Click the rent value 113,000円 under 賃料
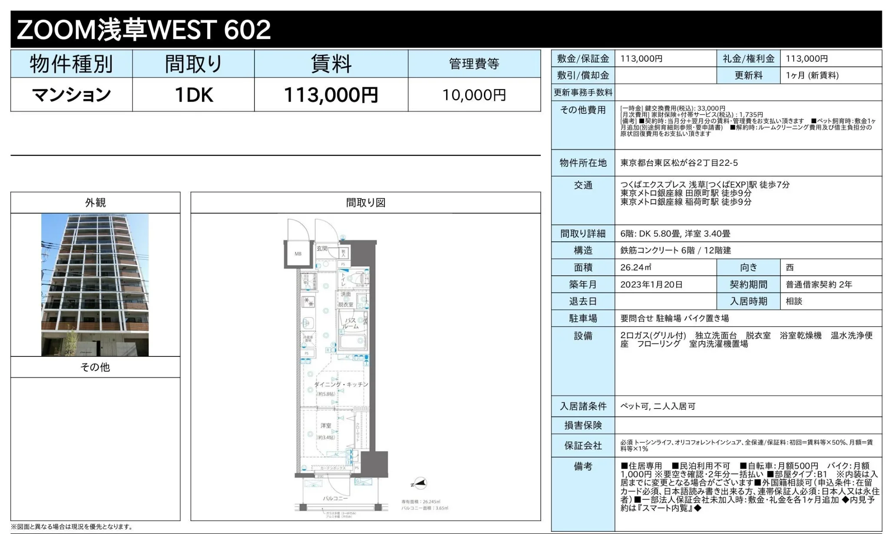pyautogui.click(x=331, y=95)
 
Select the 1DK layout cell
pyautogui.click(x=193, y=95)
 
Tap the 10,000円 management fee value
pyautogui.click(x=474, y=95)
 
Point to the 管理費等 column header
pyautogui.click(x=474, y=64)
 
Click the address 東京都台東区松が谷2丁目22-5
pyautogui.click(x=679, y=163)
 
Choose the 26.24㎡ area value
pyautogui.click(x=635, y=267)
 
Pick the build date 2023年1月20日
pyautogui.click(x=651, y=284)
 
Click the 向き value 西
pyautogui.click(x=790, y=267)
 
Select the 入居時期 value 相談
pyautogui.click(x=794, y=301)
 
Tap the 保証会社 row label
pyautogui.click(x=583, y=445)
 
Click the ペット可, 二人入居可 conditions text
pyautogui.click(x=658, y=406)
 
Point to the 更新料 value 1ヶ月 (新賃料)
pyautogui.click(x=812, y=75)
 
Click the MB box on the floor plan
pyautogui.click(x=298, y=254)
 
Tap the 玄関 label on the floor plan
pyautogui.click(x=322, y=248)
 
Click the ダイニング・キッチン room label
pyautogui.click(x=341, y=384)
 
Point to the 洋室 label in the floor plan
pyautogui.click(x=326, y=425)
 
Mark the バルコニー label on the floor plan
pyautogui.click(x=335, y=498)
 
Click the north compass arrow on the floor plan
pyautogui.click(x=420, y=483)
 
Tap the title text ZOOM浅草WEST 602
pyautogui.click(x=144, y=30)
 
